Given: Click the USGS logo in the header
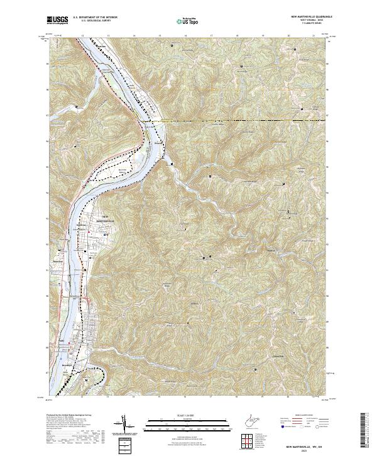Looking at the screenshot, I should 58,20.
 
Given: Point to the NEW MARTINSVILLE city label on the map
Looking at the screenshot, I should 102,221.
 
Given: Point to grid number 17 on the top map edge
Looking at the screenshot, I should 211,36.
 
